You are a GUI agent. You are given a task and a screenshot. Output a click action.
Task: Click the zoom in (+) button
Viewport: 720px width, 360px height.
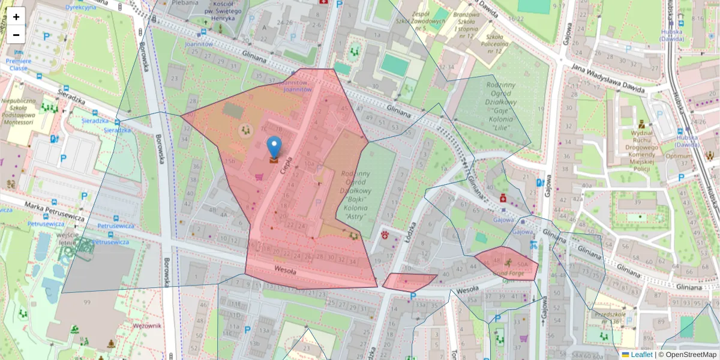[16, 16]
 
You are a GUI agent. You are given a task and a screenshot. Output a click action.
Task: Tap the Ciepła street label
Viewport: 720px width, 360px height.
[289, 165]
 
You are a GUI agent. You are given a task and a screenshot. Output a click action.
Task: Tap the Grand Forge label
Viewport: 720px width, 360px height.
[508, 274]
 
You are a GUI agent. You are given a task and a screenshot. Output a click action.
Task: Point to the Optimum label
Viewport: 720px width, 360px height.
[679, 156]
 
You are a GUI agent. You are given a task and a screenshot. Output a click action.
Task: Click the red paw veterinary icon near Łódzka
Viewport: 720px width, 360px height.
[385, 235]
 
